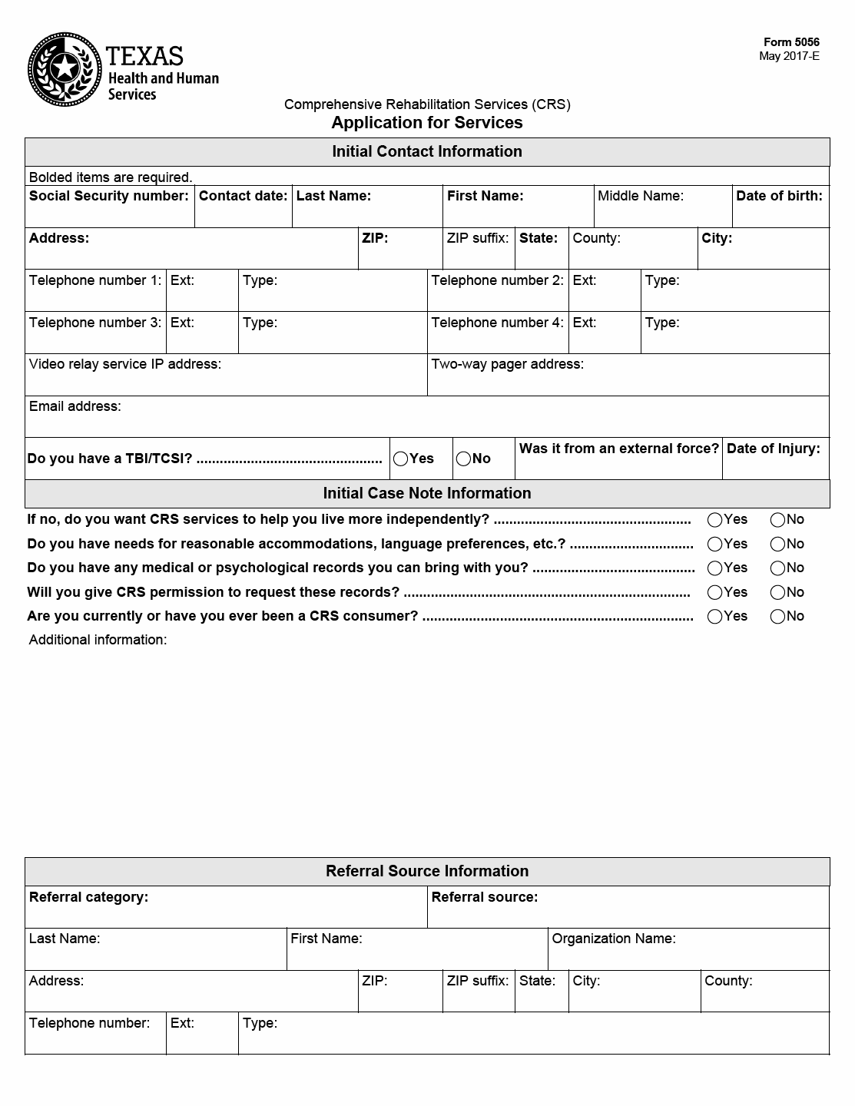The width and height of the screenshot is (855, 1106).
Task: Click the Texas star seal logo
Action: coord(65,70)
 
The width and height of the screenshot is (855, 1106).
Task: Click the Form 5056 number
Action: coord(791,43)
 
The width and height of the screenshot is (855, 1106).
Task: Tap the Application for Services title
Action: coord(427,123)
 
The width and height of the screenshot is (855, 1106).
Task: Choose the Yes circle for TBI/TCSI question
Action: coord(401,459)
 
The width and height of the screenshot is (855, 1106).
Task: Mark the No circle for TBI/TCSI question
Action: coord(463,459)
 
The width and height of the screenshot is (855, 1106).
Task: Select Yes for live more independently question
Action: coord(715,520)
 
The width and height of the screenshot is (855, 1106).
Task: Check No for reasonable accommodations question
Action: coord(777,545)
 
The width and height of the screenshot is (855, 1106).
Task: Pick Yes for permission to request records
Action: coord(715,593)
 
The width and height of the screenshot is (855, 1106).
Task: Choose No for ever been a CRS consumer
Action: coord(777,617)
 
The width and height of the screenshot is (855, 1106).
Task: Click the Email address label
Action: coord(75,406)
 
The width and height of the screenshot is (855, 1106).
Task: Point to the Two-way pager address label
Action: coord(507,364)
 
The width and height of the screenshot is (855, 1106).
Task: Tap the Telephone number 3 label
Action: coord(95,323)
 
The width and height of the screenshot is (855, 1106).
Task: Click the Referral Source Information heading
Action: coord(427,871)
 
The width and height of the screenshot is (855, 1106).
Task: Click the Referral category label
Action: coord(88,897)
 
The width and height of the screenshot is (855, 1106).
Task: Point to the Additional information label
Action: coord(98,640)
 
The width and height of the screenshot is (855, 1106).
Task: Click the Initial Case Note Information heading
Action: coord(427,493)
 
